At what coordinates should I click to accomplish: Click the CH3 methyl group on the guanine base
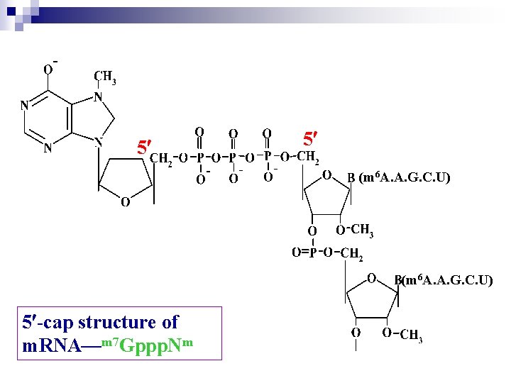click(105, 77)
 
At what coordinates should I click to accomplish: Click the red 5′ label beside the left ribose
click(144, 148)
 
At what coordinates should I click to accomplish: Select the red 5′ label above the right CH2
click(310, 136)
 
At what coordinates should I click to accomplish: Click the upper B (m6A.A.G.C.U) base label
click(398, 177)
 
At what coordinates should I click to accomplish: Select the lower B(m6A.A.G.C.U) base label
click(443, 281)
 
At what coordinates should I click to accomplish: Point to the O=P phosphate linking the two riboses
click(305, 252)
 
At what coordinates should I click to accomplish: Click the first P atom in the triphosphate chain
click(200, 157)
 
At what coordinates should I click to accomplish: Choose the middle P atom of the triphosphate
click(233, 157)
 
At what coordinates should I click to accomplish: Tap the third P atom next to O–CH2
click(268, 156)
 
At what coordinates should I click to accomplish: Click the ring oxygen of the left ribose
click(124, 203)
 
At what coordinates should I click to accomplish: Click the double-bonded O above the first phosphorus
click(200, 132)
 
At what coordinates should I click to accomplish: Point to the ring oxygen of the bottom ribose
click(371, 278)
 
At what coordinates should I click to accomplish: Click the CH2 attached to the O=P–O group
click(352, 253)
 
